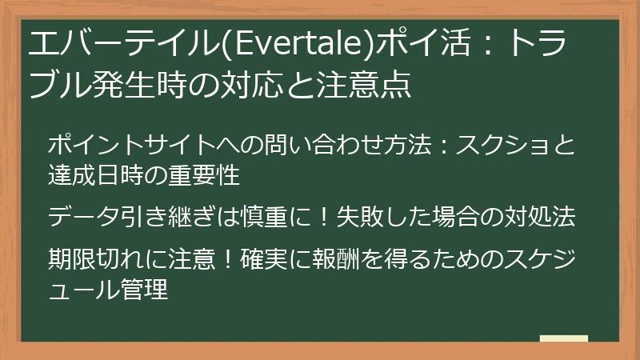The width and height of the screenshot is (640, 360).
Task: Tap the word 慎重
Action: [x=275, y=216]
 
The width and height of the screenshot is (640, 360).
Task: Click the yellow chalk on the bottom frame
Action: [x=563, y=339]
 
